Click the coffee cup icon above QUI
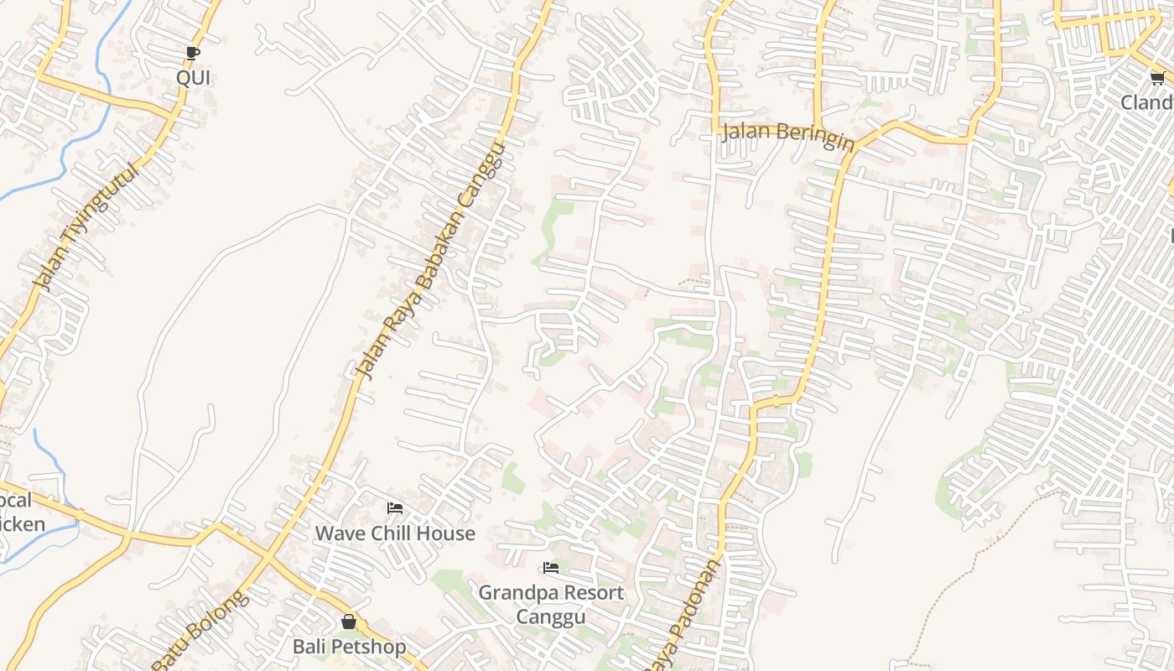(193, 54)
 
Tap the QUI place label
(194, 78)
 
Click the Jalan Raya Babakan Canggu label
(430, 261)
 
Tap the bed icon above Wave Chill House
(395, 508)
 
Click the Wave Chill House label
(395, 533)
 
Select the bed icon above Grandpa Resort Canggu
(551, 568)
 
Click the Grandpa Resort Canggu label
(551, 604)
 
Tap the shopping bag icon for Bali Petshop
(349, 622)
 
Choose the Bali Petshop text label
(349, 647)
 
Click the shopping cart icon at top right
(1157, 79)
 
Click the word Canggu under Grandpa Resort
(550, 616)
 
